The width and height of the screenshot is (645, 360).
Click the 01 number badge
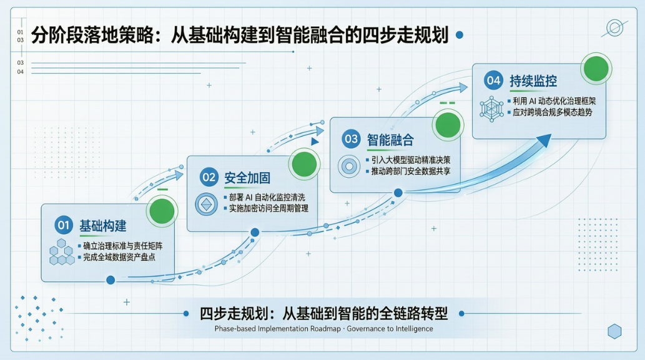pyautogui.click(x=63, y=225)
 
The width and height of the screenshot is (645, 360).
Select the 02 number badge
pyautogui.click(x=209, y=177)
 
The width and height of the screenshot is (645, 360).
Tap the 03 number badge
pyautogui.click(x=351, y=139)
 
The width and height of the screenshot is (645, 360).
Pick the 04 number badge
pyautogui.click(x=493, y=80)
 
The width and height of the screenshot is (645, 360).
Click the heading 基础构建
pyautogui.click(x=103, y=226)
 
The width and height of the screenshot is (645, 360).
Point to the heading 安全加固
pyautogui.click(x=247, y=178)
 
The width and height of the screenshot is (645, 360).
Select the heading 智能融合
pyautogui.click(x=390, y=140)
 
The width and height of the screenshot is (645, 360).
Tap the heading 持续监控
pyautogui.click(x=533, y=81)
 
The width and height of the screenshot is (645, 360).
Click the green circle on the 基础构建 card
pyautogui.click(x=162, y=211)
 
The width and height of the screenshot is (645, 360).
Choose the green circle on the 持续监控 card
pyautogui.click(x=596, y=69)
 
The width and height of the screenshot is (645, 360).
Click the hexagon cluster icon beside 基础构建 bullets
pyautogui.click(x=62, y=252)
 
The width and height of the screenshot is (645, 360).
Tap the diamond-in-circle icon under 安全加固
pyautogui.click(x=206, y=204)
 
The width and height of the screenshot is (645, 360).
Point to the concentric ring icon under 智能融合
pyautogui.click(x=349, y=167)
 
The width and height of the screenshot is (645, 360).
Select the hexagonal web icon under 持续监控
pyautogui.click(x=491, y=109)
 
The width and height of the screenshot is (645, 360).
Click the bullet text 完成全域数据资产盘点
pyautogui.click(x=119, y=257)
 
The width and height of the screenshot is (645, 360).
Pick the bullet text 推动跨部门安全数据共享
pyautogui.click(x=410, y=172)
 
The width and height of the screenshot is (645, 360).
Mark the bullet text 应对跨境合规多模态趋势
pyautogui.click(x=553, y=112)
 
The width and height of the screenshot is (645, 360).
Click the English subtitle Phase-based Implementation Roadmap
pyautogui.click(x=278, y=329)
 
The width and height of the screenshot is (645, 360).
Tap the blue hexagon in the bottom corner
pyautogui.click(x=614, y=331)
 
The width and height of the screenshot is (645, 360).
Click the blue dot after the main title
pyautogui.click(x=460, y=35)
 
